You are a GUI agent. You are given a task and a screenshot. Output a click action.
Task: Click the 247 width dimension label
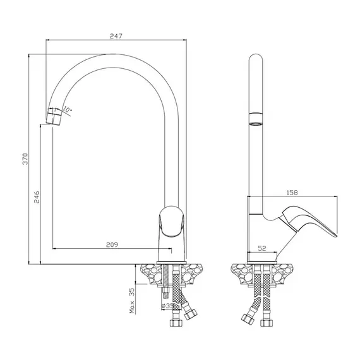tap(116, 36)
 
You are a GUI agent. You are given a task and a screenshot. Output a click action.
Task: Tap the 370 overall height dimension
tap(25, 159)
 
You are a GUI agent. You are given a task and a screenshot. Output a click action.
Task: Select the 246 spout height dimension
tap(37, 197)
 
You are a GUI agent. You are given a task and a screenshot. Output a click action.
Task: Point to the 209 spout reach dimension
tap(112, 245)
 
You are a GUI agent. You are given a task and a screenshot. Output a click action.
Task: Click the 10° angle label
tap(67, 109)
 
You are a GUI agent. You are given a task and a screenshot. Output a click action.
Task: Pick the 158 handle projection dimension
tap(292, 193)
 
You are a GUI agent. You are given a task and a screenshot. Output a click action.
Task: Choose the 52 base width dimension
tap(262, 248)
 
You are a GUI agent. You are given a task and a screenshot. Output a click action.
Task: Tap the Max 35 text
tap(132, 301)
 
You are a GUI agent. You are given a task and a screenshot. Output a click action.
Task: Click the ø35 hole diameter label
tap(168, 306)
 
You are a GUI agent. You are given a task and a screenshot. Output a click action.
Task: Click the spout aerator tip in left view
tap(54, 116)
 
